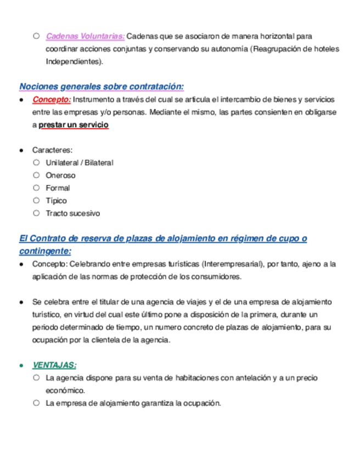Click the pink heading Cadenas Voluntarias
(x=85, y=37)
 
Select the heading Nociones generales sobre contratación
(x=102, y=87)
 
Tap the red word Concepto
(x=51, y=100)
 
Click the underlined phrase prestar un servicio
(x=74, y=125)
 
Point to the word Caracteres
(x=53, y=150)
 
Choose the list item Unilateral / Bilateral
(x=80, y=163)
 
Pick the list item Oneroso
(x=60, y=175)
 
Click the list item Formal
(x=58, y=188)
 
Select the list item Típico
(x=56, y=201)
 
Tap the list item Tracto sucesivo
(x=72, y=213)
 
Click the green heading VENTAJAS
(x=54, y=365)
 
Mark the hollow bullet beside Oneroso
(x=36, y=175)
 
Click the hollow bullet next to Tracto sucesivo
(x=36, y=213)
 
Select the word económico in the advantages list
(x=65, y=390)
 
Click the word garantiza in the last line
(x=157, y=403)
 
